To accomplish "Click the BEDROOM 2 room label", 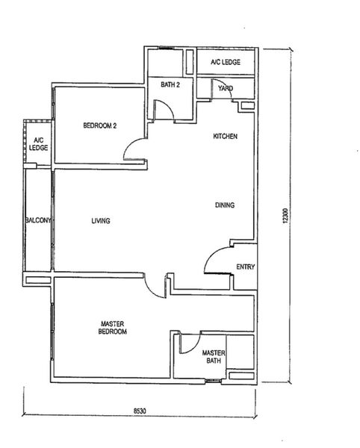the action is [100, 125].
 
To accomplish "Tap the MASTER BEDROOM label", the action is [113, 328].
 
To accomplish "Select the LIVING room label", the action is [101, 220].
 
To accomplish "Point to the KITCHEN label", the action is [226, 137].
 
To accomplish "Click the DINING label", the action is [225, 205].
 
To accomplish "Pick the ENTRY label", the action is [246, 267].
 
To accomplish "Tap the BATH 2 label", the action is [170, 84].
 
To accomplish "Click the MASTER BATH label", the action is [214, 357].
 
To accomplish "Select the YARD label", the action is [226, 88].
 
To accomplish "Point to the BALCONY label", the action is [38, 220].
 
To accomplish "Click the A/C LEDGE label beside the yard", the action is [226, 62].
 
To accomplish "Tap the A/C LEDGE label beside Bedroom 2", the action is [39, 144].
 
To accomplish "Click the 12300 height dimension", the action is [286, 216].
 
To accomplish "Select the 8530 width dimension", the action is [140, 411].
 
